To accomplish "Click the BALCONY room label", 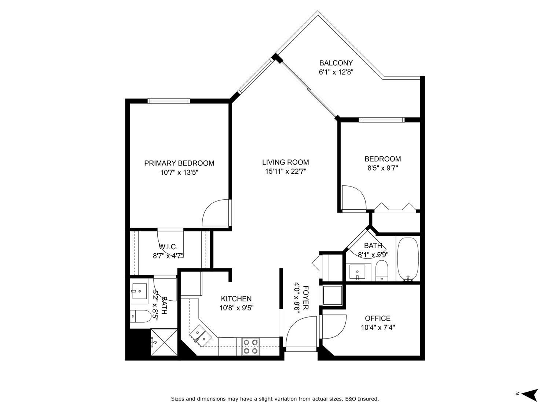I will pos(336,63).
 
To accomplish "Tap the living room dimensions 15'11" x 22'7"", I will pos(285,171).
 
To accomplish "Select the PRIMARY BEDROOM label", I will pos(179,163).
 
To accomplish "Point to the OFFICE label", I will pos(377,318).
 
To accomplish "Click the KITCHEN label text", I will pos(236,299).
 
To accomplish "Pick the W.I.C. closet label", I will pos(168,247).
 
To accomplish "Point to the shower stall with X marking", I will pos(164,342).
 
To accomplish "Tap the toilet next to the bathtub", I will pos(382,271).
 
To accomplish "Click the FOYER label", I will pos(306,297).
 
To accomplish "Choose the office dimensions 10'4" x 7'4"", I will pos(377,327).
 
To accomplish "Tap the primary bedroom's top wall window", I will pos(169,101).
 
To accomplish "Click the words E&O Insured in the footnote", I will pos(361,399).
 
